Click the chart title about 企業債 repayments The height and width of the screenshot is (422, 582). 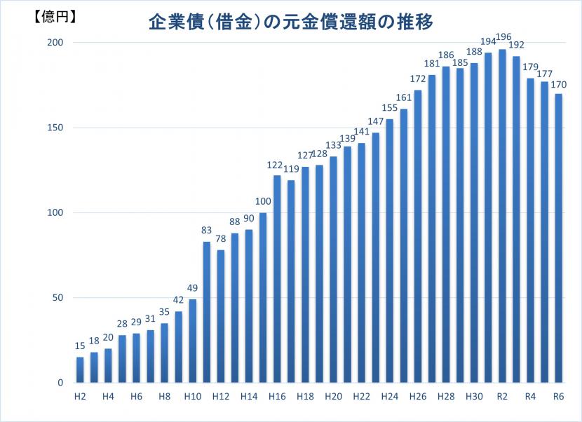pos(290,22)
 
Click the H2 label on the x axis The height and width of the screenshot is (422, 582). pos(80,396)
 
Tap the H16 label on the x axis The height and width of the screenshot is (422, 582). pos(277,396)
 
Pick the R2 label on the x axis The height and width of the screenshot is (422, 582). pos(502,396)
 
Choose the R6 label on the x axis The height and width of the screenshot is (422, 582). pos(558,396)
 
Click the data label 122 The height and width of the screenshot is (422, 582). pos(276,165)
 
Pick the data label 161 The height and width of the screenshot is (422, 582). pos(403,99)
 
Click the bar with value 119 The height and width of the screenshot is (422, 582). pos(291,281)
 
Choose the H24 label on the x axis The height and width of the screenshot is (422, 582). pos(389,396)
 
